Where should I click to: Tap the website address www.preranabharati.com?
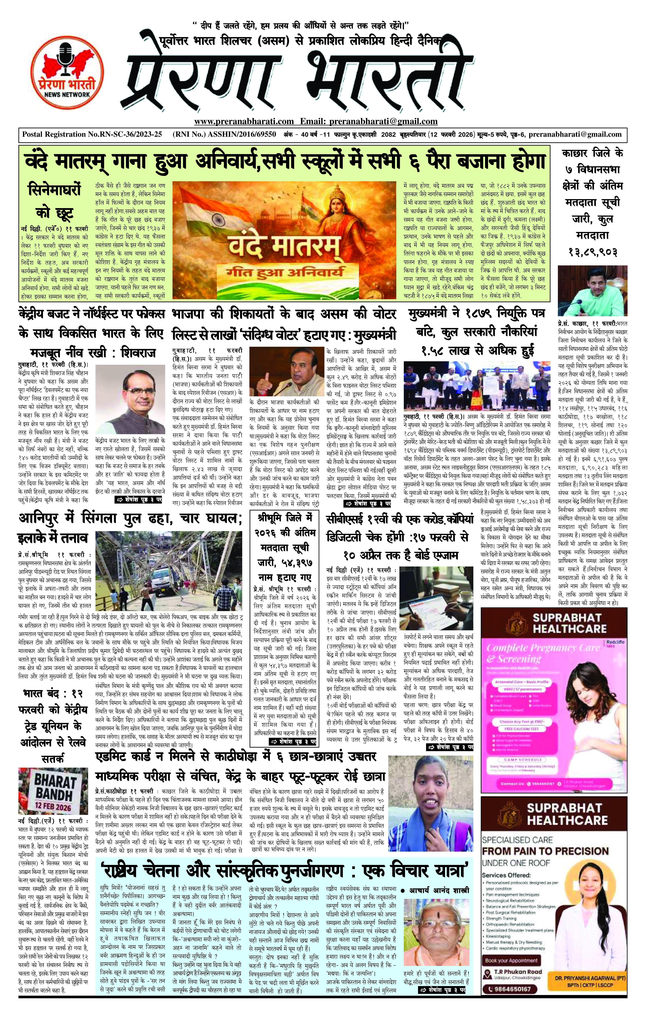click(x=244, y=122)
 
